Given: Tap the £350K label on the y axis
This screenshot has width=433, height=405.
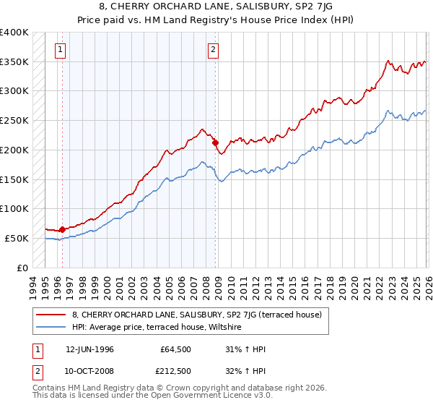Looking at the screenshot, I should click(14, 62).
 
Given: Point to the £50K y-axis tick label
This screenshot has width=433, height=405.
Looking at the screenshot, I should click(17, 238).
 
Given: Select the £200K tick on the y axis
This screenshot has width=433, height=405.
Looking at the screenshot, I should click(14, 150).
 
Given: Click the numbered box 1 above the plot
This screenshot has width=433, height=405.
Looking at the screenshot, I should click(59, 50).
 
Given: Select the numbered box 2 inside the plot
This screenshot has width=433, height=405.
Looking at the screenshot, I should click(213, 50).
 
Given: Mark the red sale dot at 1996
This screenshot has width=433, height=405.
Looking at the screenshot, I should click(62, 229).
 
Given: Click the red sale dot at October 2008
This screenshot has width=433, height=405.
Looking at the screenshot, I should click(215, 142).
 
